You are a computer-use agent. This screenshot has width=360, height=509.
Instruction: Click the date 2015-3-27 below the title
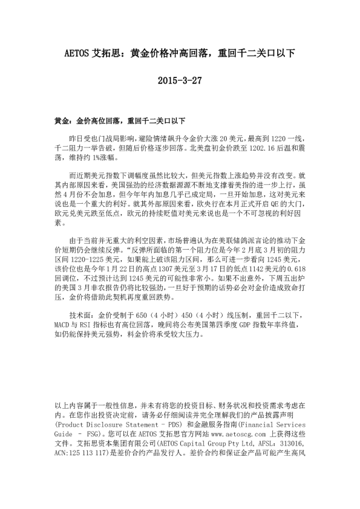(180, 80)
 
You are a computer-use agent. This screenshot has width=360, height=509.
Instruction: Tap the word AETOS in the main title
(76, 54)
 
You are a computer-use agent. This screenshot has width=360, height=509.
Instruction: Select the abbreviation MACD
(63, 325)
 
